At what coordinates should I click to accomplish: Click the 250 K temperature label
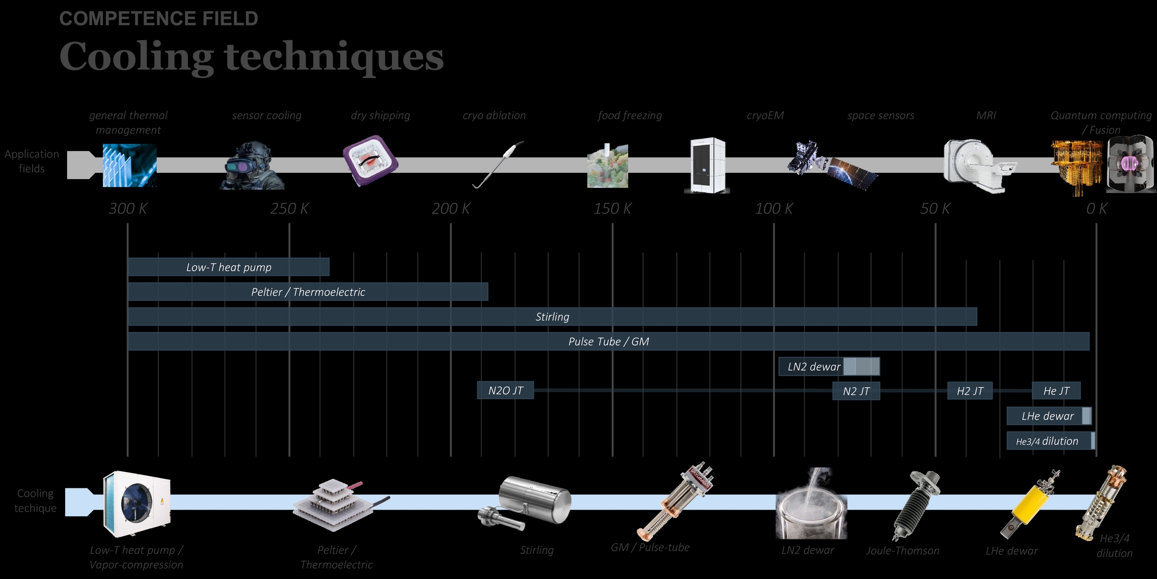pyautogui.click(x=289, y=209)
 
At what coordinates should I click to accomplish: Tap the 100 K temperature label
pyautogui.click(x=773, y=209)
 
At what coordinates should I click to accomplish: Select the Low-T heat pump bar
pyautogui.click(x=229, y=267)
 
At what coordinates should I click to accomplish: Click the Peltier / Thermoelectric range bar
pyautogui.click(x=308, y=292)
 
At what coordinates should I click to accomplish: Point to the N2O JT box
pyautogui.click(x=505, y=390)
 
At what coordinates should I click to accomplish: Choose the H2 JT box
pyautogui.click(x=969, y=391)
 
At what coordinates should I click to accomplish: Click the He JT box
pyautogui.click(x=1056, y=391)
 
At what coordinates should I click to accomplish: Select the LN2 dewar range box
pyautogui.click(x=829, y=367)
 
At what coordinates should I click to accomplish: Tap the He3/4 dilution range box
pyautogui.click(x=1050, y=441)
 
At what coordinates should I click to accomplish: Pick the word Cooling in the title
pyautogui.click(x=136, y=57)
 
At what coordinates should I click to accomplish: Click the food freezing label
pyautogui.click(x=630, y=116)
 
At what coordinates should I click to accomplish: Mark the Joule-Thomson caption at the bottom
pyautogui.click(x=902, y=551)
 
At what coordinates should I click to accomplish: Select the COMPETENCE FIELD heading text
pyautogui.click(x=159, y=19)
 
